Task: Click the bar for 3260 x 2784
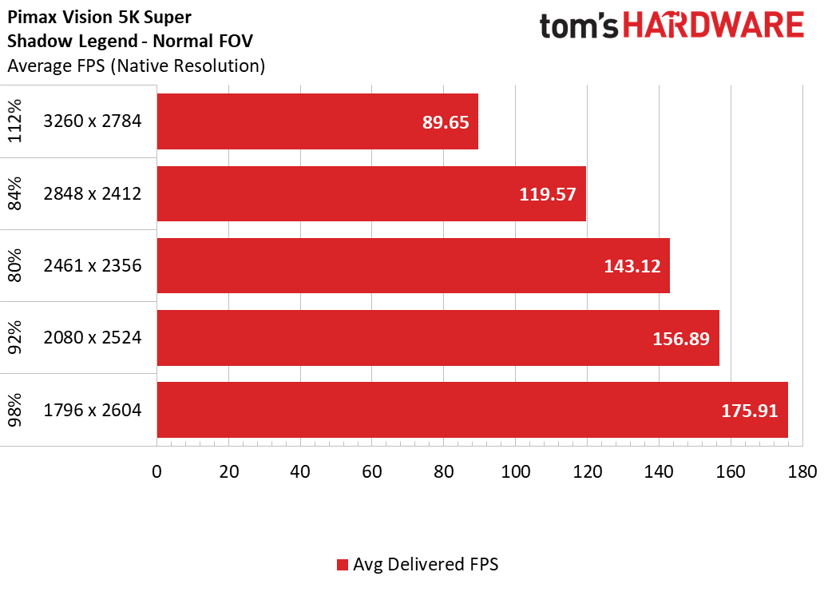click(317, 121)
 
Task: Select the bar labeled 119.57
click(371, 193)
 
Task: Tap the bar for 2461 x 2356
click(414, 265)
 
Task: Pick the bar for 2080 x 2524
click(438, 338)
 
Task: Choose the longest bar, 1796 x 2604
click(473, 410)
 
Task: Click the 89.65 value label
click(446, 122)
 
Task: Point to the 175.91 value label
click(750, 411)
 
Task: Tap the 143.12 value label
click(632, 266)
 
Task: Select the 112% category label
click(15, 121)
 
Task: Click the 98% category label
click(15, 410)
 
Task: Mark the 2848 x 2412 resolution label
click(93, 193)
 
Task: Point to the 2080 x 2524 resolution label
click(93, 337)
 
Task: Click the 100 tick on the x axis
click(515, 471)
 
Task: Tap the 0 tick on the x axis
click(156, 471)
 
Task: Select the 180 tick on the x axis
click(802, 471)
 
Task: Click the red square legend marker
click(343, 565)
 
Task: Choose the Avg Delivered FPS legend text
click(426, 565)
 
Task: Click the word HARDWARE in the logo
click(713, 26)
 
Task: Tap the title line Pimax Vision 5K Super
click(99, 17)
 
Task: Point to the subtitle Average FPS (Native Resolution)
click(137, 66)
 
